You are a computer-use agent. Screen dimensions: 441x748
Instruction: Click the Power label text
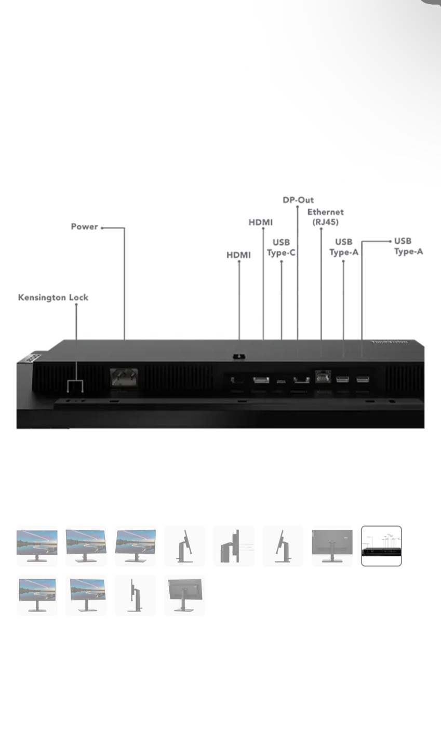pyautogui.click(x=84, y=226)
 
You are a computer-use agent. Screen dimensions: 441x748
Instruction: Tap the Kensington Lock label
pyautogui.click(x=53, y=298)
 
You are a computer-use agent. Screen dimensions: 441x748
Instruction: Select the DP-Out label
pyautogui.click(x=298, y=200)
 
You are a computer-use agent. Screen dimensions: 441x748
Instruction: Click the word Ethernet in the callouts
pyautogui.click(x=326, y=212)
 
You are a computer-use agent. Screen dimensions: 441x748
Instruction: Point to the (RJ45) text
pyautogui.click(x=326, y=222)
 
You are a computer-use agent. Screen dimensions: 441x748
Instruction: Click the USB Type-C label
pyautogui.click(x=281, y=247)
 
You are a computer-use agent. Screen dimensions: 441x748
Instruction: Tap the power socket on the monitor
pyautogui.click(x=124, y=377)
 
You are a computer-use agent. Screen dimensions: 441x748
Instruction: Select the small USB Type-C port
pyautogui.click(x=281, y=381)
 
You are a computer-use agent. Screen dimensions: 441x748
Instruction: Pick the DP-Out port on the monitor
pyautogui.click(x=301, y=380)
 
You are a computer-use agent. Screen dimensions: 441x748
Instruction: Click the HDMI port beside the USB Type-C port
pyautogui.click(x=261, y=380)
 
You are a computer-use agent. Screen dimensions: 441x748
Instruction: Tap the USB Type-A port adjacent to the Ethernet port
pyautogui.click(x=342, y=379)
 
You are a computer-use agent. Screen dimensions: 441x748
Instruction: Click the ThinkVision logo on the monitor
pyautogui.click(x=390, y=342)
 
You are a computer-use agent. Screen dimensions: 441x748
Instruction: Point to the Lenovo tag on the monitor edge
pyautogui.click(x=33, y=357)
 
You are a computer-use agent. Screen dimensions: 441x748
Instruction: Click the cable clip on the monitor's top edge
pyautogui.click(x=239, y=357)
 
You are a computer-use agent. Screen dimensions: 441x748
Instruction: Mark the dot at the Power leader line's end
pyautogui.click(x=102, y=228)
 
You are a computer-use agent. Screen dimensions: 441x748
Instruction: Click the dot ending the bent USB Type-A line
pyautogui.click(x=390, y=241)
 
